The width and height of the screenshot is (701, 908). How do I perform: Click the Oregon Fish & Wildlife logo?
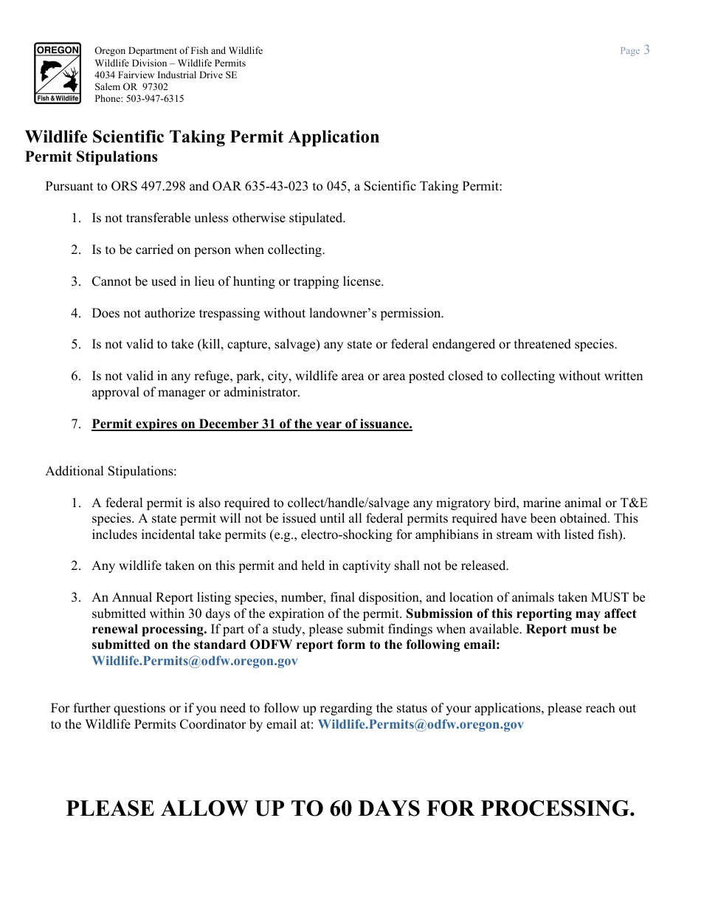(x=58, y=73)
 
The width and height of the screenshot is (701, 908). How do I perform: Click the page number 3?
(x=646, y=50)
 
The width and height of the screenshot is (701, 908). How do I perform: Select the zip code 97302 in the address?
(x=155, y=87)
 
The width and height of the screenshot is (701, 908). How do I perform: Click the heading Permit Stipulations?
(x=91, y=157)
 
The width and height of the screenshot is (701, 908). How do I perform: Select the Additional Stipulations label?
(x=111, y=472)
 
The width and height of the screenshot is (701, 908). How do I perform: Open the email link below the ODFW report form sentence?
(x=195, y=661)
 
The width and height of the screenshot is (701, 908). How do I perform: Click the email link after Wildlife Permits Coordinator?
(x=421, y=725)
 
